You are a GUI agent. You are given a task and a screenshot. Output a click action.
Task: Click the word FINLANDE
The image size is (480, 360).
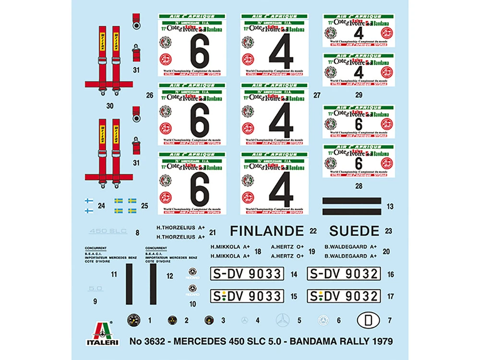(266, 231)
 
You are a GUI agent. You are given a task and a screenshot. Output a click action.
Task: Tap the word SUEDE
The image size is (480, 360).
(354, 231)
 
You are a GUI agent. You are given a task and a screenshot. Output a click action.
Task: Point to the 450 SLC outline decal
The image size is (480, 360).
(108, 231)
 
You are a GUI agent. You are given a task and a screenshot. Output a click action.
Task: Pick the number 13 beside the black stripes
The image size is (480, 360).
(390, 206)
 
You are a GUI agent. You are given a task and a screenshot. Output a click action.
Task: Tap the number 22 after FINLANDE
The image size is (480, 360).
(313, 231)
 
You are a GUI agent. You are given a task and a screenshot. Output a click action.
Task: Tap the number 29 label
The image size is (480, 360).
(359, 95)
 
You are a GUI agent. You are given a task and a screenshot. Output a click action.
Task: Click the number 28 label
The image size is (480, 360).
(359, 185)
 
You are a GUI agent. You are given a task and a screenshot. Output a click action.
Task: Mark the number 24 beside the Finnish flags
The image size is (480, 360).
(101, 206)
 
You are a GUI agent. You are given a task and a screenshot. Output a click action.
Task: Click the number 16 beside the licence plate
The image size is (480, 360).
(391, 275)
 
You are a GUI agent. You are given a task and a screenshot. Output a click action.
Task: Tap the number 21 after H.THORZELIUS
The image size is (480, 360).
(213, 231)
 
